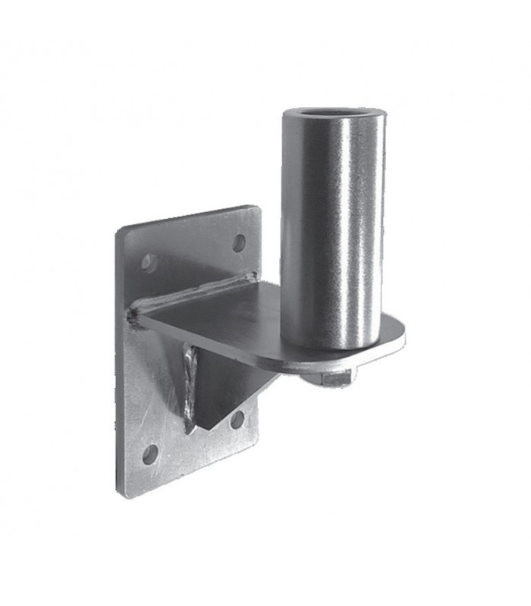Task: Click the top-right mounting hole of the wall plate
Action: click(239, 242)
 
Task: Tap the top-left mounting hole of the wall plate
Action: click(149, 263)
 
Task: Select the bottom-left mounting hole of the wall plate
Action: click(150, 454)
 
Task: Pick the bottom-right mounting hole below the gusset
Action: click(237, 419)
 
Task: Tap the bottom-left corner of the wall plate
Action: click(126, 496)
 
